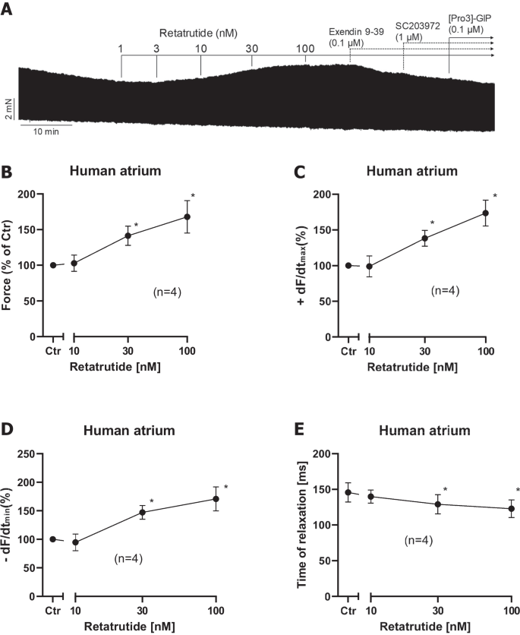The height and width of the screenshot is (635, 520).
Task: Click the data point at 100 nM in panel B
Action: pyautogui.click(x=187, y=216)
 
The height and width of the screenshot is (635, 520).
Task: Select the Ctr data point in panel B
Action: pyautogui.click(x=53, y=265)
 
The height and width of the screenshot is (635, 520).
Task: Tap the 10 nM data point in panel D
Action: pyautogui.click(x=74, y=542)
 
